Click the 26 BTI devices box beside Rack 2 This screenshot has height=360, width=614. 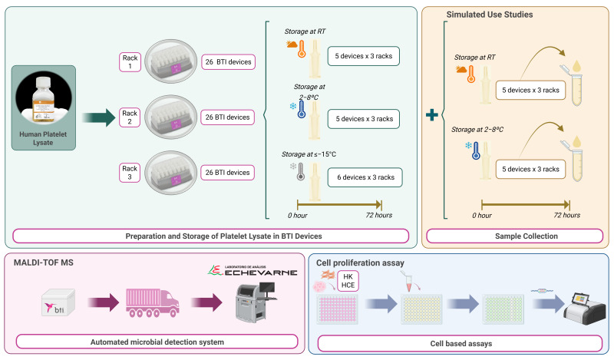[x=227, y=117]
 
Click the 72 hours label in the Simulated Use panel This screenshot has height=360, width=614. [x=566, y=215]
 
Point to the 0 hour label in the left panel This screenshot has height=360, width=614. [x=286, y=215]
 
